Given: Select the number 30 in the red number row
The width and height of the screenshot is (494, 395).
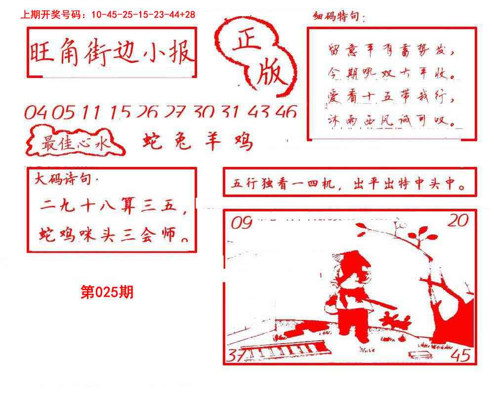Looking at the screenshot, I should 204,113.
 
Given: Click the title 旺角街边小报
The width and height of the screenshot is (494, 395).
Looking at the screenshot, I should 112,53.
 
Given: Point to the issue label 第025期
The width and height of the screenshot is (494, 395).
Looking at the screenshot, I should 107,293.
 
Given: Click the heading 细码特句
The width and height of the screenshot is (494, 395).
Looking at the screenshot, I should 339,18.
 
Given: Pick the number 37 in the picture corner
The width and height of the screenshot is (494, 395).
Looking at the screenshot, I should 237,355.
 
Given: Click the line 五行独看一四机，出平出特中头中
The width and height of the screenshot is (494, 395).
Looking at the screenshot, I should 349,185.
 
